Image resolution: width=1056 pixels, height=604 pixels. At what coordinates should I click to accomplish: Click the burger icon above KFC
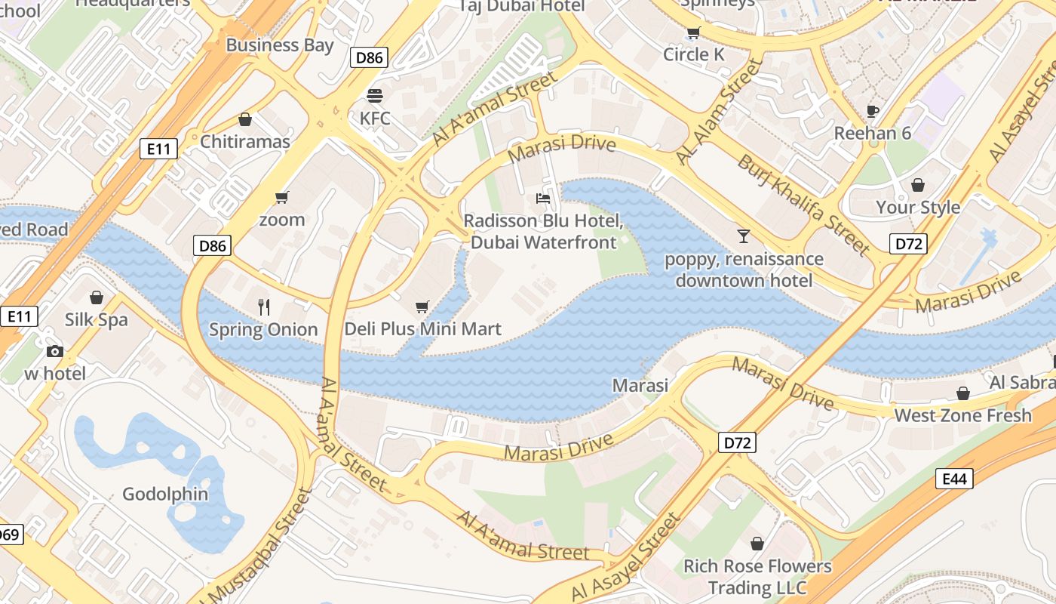[x=375, y=96]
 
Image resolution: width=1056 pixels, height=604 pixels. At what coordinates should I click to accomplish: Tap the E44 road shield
[x=954, y=478]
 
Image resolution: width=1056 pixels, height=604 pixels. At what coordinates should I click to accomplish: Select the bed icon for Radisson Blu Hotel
[x=542, y=199]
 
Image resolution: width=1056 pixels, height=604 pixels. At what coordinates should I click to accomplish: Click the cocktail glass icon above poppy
[x=744, y=236]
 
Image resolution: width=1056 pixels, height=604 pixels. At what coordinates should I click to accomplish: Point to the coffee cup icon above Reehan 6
[x=873, y=111]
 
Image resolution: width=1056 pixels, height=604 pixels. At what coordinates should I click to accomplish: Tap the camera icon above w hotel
[x=54, y=351]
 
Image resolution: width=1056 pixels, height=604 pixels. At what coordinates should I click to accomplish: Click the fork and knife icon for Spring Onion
[x=263, y=307]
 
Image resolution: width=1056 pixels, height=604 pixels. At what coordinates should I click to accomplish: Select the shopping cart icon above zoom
[x=282, y=197]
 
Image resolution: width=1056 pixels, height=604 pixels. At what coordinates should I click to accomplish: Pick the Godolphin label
[x=165, y=495]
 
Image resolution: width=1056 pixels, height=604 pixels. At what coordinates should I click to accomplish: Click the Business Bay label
[x=279, y=45]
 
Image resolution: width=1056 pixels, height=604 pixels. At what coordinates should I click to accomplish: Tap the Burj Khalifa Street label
[x=804, y=204]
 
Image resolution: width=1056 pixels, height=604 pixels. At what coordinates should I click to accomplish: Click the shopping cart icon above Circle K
[x=693, y=32]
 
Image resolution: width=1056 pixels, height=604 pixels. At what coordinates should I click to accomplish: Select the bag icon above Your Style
[x=918, y=185]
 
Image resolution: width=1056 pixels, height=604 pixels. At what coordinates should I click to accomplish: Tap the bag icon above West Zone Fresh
[x=962, y=393]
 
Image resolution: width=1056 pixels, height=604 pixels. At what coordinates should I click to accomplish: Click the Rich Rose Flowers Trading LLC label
[x=757, y=577]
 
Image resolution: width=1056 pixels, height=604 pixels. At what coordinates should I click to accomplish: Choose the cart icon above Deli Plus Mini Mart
[x=422, y=307]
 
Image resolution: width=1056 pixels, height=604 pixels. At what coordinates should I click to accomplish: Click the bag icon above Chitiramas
[x=244, y=119]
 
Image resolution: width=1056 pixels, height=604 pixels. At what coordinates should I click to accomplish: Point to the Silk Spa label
[x=96, y=319]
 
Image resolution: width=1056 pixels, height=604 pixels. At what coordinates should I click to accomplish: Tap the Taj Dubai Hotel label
[x=522, y=6]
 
